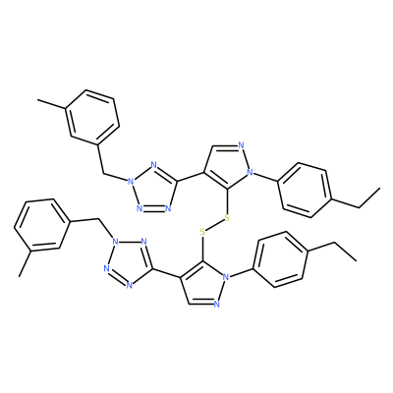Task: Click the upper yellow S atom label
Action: click(x=227, y=218)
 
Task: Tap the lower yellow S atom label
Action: click(x=202, y=233)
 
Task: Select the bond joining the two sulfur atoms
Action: click(x=214, y=225)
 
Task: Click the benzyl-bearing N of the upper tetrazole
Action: click(x=131, y=181)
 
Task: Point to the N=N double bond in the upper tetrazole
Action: click(x=154, y=208)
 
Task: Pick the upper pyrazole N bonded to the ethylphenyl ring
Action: click(x=251, y=171)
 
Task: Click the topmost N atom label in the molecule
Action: click(x=242, y=144)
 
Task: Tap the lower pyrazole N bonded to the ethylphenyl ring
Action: click(x=225, y=278)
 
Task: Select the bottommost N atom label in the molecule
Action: click(x=216, y=305)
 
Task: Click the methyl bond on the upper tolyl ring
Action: click(x=52, y=104)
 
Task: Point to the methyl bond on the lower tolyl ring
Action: click(x=26, y=263)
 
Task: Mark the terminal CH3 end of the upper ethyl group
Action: click(x=380, y=189)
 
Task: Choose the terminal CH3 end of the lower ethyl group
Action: click(x=356, y=261)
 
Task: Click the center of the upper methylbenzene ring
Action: click(x=92, y=118)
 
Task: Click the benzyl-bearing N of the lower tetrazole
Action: click(x=114, y=242)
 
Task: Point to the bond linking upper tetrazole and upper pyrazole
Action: click(x=191, y=177)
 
